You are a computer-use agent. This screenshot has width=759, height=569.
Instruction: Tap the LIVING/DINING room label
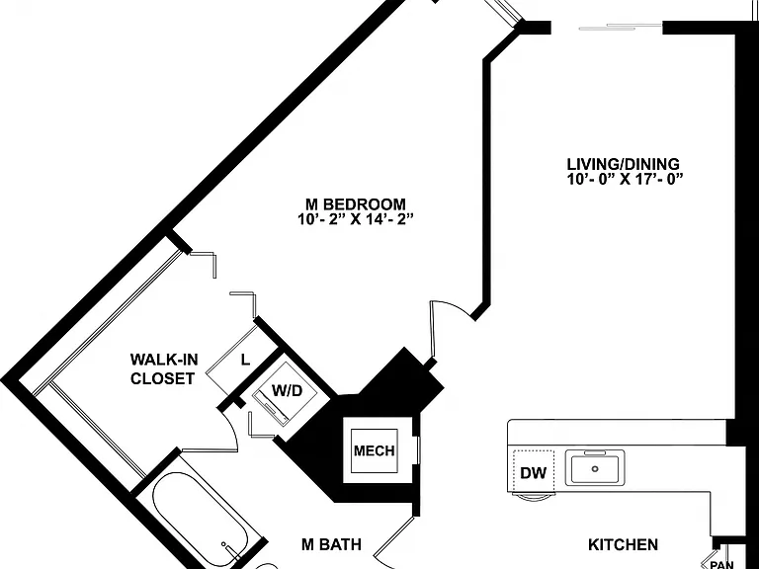[x=623, y=164]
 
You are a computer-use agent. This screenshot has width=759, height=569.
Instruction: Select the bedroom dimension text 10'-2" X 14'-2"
[x=355, y=220]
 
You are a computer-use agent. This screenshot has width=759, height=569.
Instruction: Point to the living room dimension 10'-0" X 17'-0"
[x=625, y=180]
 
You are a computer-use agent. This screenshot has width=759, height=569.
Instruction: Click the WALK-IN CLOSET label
[x=164, y=368]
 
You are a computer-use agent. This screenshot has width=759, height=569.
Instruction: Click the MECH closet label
[x=375, y=450]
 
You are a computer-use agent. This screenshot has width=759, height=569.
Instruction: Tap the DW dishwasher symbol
[x=533, y=472]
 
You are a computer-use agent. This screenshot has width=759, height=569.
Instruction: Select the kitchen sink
[x=595, y=467]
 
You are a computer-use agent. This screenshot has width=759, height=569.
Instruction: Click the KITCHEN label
[x=623, y=545]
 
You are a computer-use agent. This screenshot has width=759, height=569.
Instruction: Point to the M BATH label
[x=332, y=544]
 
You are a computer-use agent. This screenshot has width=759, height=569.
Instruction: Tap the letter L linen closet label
[x=246, y=360]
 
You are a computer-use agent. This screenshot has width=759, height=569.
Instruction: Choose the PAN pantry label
[x=721, y=564]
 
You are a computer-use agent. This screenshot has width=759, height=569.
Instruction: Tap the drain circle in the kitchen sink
[x=595, y=468]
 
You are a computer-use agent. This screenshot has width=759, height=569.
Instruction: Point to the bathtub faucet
[x=227, y=545]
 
